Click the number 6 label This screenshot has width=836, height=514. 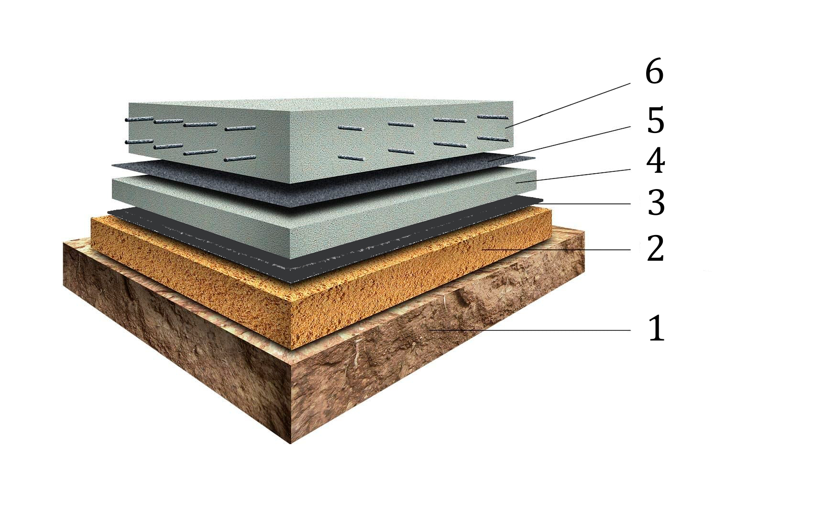[x=654, y=72]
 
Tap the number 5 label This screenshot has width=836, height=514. [x=655, y=121]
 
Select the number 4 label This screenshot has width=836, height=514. [x=655, y=161]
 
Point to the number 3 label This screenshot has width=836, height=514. [x=656, y=203]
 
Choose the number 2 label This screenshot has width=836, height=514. [x=655, y=249]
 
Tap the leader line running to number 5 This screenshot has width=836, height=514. [x=559, y=144]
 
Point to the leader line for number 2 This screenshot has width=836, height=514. [x=557, y=249]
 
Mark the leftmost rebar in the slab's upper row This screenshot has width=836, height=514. [x=139, y=119]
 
